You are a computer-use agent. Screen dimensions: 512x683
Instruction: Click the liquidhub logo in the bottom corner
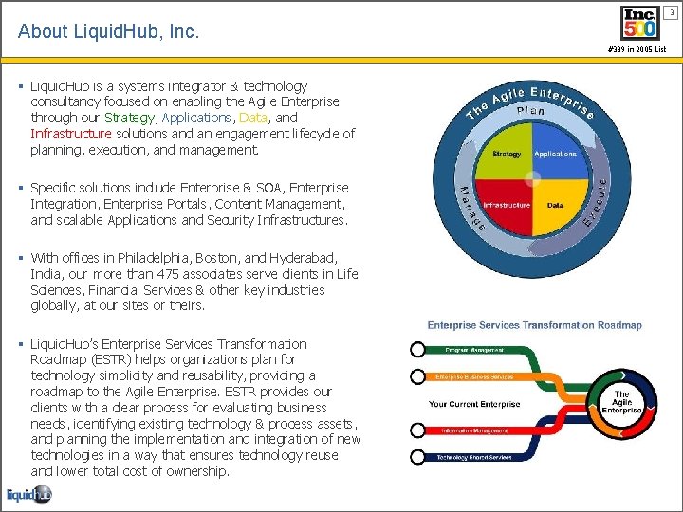coord(28,494)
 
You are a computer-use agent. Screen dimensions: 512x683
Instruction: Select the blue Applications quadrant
coord(555,153)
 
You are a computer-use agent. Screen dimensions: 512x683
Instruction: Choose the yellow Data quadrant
coord(555,205)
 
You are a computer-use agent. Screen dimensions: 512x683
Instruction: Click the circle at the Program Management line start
coord(417,350)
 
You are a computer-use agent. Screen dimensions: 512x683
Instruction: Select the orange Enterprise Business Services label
coord(475,376)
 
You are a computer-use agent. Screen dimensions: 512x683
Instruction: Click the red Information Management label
coord(475,430)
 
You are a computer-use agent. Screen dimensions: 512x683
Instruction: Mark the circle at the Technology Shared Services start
coord(417,458)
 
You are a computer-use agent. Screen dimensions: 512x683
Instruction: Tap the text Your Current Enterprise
coord(474,404)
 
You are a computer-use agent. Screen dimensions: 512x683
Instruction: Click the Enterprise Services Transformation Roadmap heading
coord(534,325)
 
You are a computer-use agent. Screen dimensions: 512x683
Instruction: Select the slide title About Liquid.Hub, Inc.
coord(109,31)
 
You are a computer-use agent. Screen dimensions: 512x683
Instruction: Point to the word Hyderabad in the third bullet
coord(303,258)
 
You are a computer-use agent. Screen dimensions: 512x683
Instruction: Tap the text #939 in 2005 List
coord(637,49)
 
